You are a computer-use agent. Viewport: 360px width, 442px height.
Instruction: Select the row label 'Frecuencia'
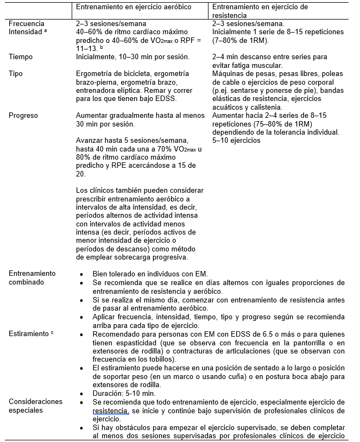(x=27, y=24)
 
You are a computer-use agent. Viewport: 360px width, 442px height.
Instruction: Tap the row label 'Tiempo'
(x=21, y=56)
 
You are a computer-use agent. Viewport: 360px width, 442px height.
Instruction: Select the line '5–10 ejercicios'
(x=236, y=141)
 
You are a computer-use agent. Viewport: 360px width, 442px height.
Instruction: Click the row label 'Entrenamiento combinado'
(x=32, y=277)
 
